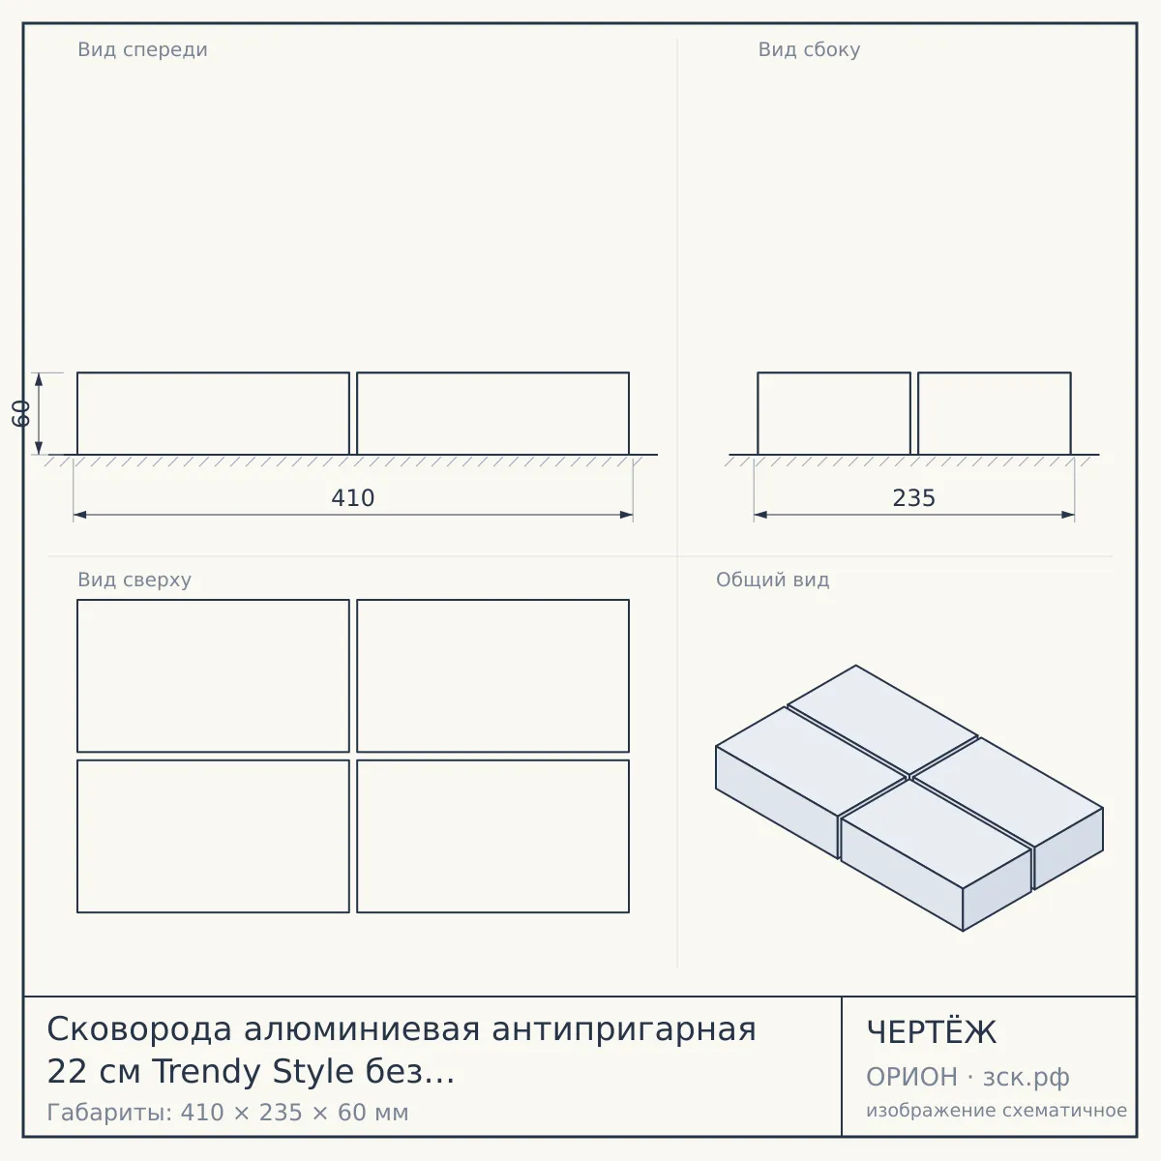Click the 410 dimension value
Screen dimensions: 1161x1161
[352, 498]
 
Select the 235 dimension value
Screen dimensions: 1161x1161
[913, 498]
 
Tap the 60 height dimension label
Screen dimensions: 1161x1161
[21, 413]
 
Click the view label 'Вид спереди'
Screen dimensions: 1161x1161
[142, 49]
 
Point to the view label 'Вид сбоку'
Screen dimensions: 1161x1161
[809, 49]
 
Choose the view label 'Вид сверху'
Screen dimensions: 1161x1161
[134, 580]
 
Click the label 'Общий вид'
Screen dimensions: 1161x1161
[772, 580]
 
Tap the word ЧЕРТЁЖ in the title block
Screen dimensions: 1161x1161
[932, 1032]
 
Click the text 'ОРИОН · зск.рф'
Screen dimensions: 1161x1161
[967, 1077]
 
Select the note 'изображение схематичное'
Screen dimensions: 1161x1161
[997, 1110]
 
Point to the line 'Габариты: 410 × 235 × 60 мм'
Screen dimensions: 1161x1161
[227, 1113]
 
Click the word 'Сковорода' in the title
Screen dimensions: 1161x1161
[139, 1029]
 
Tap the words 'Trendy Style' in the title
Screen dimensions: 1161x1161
[253, 1072]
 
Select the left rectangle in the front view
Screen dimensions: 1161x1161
[213, 413]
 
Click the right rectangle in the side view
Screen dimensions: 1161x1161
[995, 413]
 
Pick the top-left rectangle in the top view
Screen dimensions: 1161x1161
[213, 675]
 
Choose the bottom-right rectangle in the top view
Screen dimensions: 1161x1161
[492, 836]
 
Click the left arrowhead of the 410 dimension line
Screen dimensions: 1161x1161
[79, 515]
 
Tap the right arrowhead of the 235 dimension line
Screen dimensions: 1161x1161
[1067, 515]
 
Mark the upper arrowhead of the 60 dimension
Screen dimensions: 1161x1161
[39, 379]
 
